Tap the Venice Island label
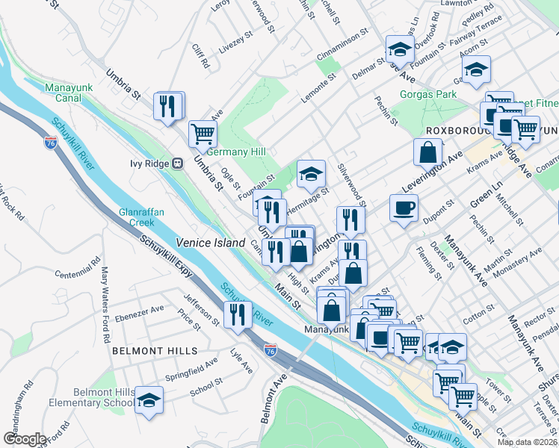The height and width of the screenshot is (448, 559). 210,243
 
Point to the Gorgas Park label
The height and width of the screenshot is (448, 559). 427,95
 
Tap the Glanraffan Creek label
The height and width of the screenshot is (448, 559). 136,217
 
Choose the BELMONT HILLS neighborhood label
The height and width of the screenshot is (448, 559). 155,350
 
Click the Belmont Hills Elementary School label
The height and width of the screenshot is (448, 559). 105,398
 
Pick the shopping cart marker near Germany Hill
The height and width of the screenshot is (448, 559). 203,134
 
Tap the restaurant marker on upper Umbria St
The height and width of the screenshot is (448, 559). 168,106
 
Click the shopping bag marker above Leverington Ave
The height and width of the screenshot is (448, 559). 427,152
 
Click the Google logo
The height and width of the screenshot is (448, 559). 25,438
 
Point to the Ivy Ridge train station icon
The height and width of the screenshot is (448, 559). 177,163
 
